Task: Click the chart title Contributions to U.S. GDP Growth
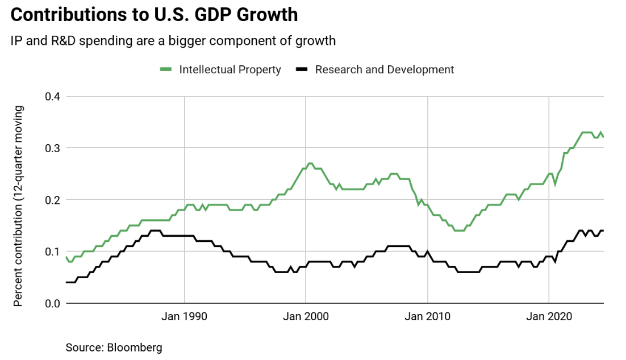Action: (154, 15)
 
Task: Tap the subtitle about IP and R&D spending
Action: (172, 41)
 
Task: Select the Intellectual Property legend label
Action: (230, 70)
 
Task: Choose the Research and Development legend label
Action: (385, 70)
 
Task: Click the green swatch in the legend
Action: (166, 70)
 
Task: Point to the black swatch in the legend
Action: (302, 70)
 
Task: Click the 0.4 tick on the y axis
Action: (52, 97)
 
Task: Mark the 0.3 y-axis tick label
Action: (52, 148)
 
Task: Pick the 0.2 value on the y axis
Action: (52, 200)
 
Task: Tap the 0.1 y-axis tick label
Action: (52, 252)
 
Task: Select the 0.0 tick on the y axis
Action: (52, 303)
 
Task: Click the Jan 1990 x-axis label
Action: (185, 317)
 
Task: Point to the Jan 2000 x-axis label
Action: (306, 317)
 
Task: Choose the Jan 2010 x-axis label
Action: (427, 317)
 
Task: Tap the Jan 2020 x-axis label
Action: (548, 317)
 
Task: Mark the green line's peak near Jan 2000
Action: (310, 164)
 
